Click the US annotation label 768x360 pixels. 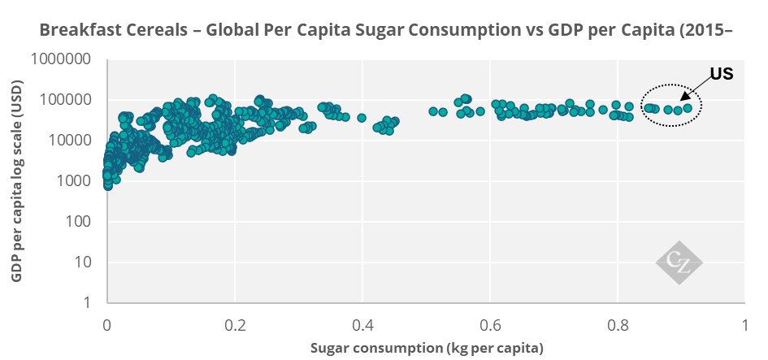click(x=722, y=73)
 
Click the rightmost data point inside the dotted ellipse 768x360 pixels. click(x=688, y=107)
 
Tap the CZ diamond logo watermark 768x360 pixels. click(x=679, y=262)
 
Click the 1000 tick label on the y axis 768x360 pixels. click(x=76, y=181)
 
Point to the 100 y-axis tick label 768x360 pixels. click(x=79, y=222)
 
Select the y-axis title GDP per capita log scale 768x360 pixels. click(x=18, y=180)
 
